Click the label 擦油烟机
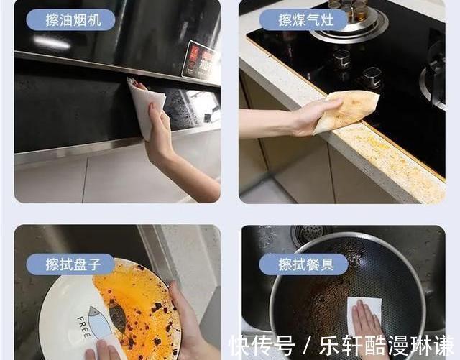pyautogui.click(x=70, y=19)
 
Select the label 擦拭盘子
pyautogui.click(x=70, y=264)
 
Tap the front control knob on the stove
pyautogui.click(x=371, y=76)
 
